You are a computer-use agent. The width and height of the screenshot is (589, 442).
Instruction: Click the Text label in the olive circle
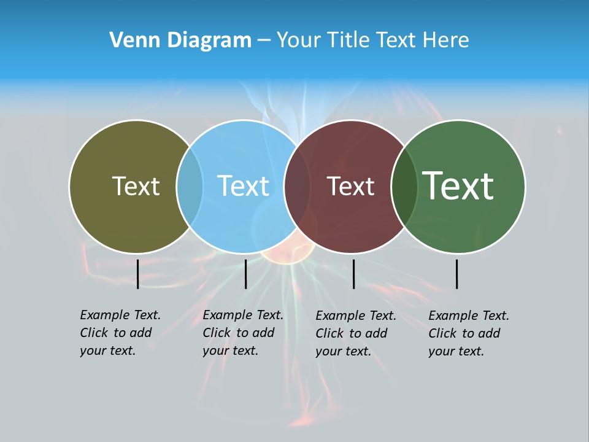click(136, 186)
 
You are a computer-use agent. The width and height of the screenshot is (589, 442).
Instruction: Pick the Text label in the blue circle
click(243, 186)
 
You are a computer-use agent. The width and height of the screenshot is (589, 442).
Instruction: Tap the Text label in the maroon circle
click(350, 186)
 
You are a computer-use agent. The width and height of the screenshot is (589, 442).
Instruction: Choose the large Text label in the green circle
click(458, 185)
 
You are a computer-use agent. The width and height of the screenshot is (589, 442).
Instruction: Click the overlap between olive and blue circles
click(190, 186)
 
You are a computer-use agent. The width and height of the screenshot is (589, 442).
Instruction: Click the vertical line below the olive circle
click(138, 274)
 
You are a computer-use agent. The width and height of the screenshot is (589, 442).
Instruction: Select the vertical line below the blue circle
click(245, 274)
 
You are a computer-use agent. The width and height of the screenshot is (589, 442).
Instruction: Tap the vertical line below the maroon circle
click(353, 274)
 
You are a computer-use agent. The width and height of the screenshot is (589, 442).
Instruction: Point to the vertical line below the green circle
click(457, 274)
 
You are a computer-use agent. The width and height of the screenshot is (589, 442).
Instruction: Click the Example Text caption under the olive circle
click(120, 333)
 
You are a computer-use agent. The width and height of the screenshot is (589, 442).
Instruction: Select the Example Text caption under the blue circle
click(243, 333)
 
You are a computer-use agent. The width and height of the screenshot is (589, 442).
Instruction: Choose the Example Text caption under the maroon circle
click(356, 333)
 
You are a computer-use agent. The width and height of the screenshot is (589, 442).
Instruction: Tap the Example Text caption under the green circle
click(469, 333)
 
